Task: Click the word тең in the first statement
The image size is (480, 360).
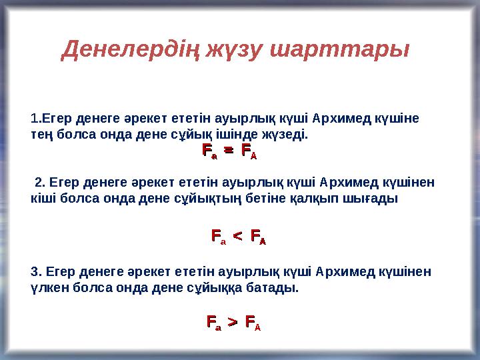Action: pyautogui.click(x=43, y=135)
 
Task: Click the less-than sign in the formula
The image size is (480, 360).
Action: pyautogui.click(x=237, y=236)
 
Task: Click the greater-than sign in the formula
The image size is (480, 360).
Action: pyautogui.click(x=232, y=323)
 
